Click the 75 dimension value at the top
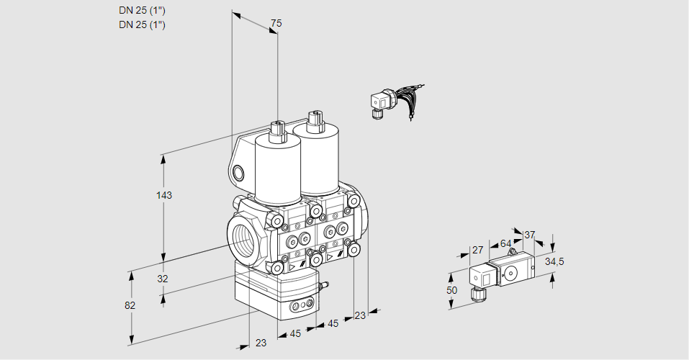coord(276,24)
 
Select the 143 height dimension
coord(165,195)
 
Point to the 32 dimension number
coord(163,279)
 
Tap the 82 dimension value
coord(130,305)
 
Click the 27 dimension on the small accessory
coord(477,250)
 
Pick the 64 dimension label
coord(505,243)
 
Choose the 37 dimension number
coord(530,235)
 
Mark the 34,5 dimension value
coord(554,261)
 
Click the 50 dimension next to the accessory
coord(451,290)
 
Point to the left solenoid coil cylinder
coord(277,168)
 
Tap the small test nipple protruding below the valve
coord(323,287)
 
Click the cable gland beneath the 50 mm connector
coord(475,293)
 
